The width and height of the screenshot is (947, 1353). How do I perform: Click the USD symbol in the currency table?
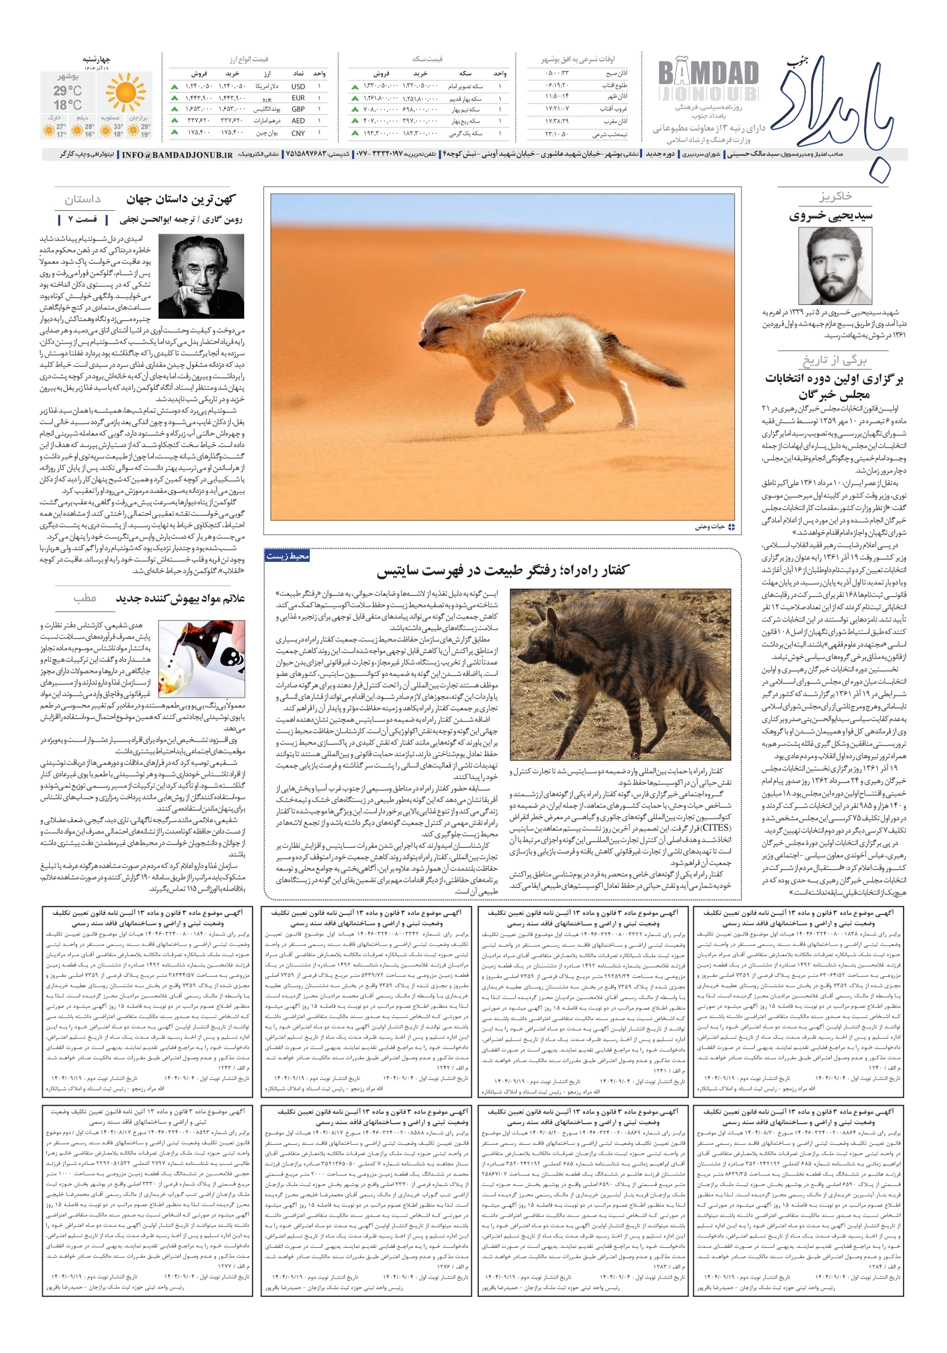coord(298,87)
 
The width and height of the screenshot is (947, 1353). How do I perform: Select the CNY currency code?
coord(298,133)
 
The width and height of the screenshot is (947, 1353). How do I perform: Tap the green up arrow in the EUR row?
coord(175,98)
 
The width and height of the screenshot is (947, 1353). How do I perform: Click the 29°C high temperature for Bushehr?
coord(67,91)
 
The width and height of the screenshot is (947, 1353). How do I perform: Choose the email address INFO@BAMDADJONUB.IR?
coord(178,154)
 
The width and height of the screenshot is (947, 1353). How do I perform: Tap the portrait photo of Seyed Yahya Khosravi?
coord(835,266)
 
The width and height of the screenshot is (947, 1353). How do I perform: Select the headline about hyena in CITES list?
coord(503,570)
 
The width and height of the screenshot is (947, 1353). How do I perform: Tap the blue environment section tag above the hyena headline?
coord(287,555)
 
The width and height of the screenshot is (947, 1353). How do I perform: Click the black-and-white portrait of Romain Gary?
coord(209,276)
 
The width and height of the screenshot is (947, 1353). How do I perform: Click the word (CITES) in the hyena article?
coord(715,827)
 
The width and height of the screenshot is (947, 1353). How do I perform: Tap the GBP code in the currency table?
coord(298,109)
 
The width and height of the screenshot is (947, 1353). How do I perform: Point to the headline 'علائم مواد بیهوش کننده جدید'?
coord(180,598)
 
